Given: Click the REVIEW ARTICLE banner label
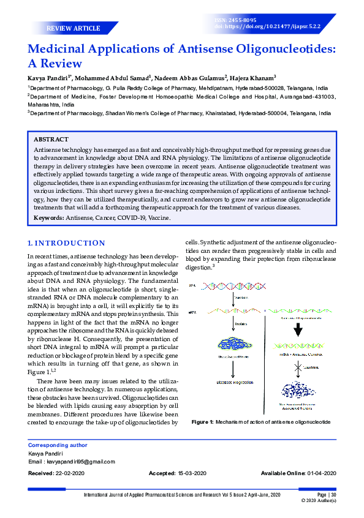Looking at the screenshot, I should (73, 28).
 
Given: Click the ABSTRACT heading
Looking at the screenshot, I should (51, 140).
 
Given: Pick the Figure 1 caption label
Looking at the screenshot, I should (202, 422).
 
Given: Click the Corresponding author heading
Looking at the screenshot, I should (58, 445).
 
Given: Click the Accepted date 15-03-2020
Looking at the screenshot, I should (192, 474).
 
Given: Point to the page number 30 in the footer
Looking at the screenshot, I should (333, 495).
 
